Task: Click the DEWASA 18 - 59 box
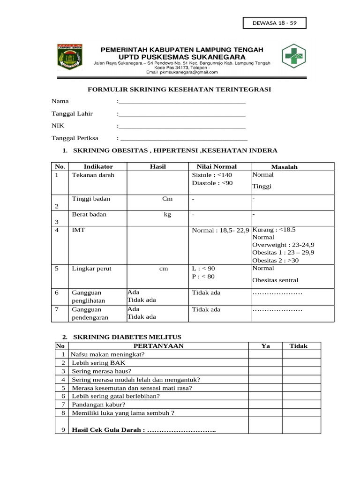[274, 23]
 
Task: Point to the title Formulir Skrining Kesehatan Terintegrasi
[180, 89]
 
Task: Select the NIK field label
[57, 126]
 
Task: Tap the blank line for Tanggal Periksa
[183, 139]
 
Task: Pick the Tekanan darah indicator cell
[93, 175]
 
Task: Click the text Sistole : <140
[212, 175]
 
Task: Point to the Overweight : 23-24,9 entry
[283, 245]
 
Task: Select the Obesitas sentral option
[275, 280]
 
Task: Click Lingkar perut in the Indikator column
[91, 269]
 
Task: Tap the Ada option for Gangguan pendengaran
[134, 309]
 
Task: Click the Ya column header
[265, 346]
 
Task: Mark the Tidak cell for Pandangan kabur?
[299, 404]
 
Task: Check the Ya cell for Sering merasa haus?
[265, 371]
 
